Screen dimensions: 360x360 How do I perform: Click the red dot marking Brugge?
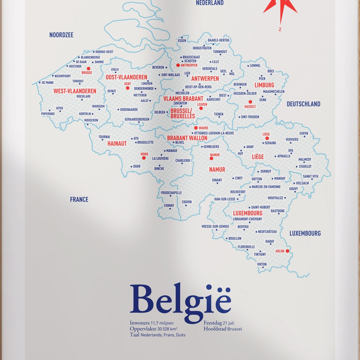[88, 69]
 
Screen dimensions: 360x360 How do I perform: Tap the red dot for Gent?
[128, 88]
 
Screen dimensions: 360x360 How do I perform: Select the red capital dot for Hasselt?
[250, 102]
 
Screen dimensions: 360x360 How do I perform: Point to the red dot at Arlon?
[287, 251]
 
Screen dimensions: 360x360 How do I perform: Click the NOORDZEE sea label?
[61, 35]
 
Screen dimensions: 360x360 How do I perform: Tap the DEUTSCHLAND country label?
[303, 104]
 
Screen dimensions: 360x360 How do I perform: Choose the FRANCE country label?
[79, 200]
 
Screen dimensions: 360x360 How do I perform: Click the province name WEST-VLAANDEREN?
[75, 91]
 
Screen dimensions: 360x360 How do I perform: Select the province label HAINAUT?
[117, 144]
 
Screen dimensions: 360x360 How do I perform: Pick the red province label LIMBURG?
[264, 85]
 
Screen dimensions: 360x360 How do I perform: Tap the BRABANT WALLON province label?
[187, 138]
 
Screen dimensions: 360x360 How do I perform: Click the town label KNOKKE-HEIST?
[104, 52]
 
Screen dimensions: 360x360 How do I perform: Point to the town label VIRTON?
[262, 264]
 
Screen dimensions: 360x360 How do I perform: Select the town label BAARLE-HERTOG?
[219, 40]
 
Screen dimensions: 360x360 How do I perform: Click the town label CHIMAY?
[169, 206]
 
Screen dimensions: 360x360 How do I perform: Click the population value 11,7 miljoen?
[162, 323]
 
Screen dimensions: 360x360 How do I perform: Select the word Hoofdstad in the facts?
[215, 329]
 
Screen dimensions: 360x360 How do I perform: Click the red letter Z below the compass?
[280, 30]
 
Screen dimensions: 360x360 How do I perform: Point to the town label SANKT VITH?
[310, 177]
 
